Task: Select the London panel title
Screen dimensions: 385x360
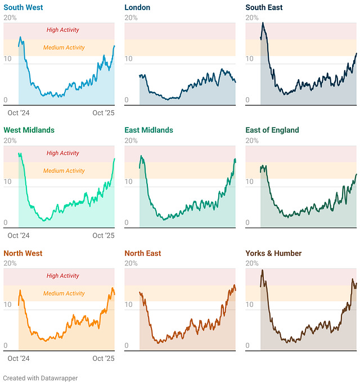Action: (x=138, y=7)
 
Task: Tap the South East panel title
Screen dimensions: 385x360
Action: (x=264, y=7)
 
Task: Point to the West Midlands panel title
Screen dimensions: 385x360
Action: (x=29, y=130)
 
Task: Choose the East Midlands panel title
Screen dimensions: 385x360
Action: (x=148, y=130)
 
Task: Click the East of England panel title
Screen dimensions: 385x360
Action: (x=272, y=130)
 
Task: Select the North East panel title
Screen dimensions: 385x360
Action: (x=143, y=253)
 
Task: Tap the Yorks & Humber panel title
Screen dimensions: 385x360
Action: (x=273, y=253)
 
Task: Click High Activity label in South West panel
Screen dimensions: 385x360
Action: (x=63, y=30)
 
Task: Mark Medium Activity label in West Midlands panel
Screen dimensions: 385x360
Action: (x=64, y=171)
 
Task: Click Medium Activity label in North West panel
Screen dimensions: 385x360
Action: (x=64, y=293)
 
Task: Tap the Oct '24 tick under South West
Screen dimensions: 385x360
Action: (x=19, y=113)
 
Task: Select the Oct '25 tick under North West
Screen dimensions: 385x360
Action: (x=103, y=359)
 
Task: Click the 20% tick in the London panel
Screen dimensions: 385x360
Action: (x=131, y=18)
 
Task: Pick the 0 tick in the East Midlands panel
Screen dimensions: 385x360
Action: (x=127, y=223)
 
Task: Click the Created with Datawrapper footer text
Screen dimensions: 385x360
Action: (x=40, y=378)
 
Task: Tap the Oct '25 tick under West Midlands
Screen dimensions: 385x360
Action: (x=103, y=235)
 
